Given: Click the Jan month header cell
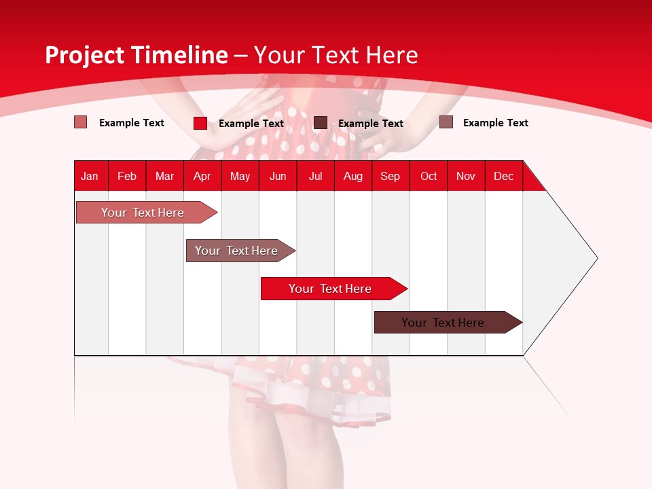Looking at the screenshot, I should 90,176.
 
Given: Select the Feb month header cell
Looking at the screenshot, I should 127,176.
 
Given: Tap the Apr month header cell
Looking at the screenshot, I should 202,176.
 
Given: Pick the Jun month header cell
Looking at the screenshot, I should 278,176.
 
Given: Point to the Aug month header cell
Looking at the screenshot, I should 353,176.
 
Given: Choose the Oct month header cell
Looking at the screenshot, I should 429,176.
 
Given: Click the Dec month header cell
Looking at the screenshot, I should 504,176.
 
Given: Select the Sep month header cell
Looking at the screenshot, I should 391,176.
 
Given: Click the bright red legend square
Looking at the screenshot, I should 200,123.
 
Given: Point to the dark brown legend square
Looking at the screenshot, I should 321,123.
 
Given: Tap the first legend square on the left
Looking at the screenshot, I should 81,122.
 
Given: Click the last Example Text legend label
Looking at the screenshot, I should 495,123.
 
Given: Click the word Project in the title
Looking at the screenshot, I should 84,55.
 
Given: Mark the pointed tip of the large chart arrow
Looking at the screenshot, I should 596,258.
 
